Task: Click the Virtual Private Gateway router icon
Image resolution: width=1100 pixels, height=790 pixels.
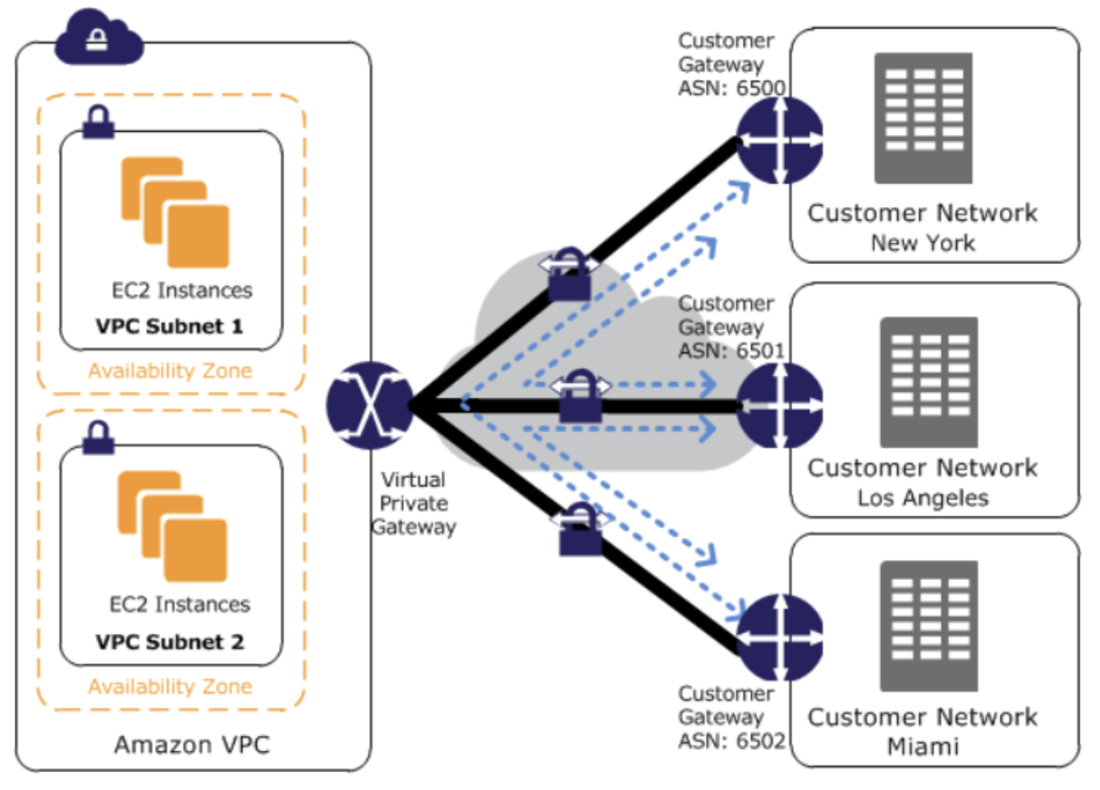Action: (369, 406)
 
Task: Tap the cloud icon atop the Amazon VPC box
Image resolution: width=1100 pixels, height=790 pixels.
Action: (98, 39)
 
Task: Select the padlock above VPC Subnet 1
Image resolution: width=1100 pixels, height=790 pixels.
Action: (99, 123)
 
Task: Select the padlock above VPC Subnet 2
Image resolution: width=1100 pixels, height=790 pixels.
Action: (99, 438)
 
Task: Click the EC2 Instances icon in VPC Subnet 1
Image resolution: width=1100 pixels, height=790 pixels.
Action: (175, 212)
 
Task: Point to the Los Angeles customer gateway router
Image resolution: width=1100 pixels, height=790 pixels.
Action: (779, 406)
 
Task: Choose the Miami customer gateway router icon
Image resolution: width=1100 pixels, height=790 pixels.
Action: (779, 637)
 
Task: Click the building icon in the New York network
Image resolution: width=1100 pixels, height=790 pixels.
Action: (923, 118)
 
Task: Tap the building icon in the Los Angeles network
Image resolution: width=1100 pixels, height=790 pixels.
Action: (929, 382)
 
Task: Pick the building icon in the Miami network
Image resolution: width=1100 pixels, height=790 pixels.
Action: (929, 626)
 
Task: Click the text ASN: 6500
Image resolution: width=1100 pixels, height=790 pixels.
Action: (731, 88)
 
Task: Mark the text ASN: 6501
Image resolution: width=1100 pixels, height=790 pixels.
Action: (731, 351)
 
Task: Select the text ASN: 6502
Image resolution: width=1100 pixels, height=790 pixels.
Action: (731, 741)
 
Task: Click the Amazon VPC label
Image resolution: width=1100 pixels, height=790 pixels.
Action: (191, 745)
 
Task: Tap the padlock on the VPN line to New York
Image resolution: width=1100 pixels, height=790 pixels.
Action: (569, 275)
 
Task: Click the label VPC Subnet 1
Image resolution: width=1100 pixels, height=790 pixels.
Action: (169, 326)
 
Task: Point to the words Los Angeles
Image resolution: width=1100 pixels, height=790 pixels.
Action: (922, 498)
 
